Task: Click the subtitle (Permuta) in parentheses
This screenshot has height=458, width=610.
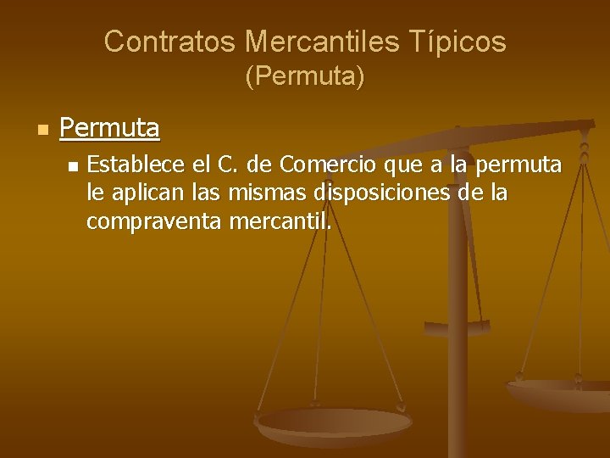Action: (305, 78)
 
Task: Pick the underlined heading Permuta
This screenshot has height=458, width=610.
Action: (109, 128)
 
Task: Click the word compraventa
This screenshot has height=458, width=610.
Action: (153, 222)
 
